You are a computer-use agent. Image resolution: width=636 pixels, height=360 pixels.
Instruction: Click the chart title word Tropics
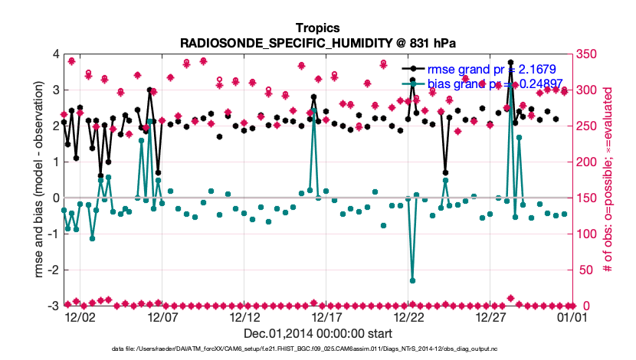pos(317,28)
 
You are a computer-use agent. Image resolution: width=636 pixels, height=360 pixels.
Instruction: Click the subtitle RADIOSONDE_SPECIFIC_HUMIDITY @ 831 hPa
pos(317,42)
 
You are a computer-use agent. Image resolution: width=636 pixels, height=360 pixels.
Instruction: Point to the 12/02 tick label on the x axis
pos(80,316)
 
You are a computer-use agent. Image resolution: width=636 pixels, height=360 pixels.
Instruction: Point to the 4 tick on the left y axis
pos(54,54)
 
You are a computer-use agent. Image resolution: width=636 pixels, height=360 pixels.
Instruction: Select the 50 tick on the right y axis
pos(584,270)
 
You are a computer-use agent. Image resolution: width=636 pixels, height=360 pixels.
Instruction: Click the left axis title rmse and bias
pos(38,180)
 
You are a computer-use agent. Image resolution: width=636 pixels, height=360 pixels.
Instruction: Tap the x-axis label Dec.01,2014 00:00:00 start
pos(317,333)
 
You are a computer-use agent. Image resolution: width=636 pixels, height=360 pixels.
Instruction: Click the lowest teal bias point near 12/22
pos(412,280)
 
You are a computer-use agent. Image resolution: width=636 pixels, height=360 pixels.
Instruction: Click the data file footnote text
pos(317,349)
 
